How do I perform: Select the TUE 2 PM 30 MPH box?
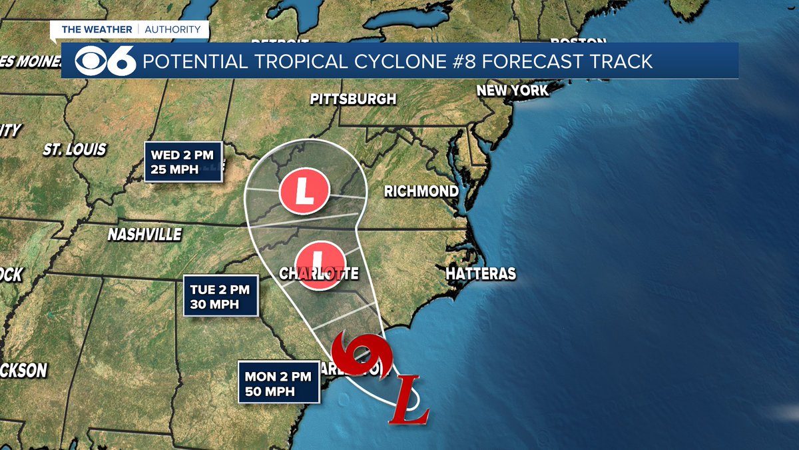pyautogui.click(x=221, y=297)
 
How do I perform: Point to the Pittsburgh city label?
pyautogui.click(x=353, y=99)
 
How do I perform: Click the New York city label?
pyautogui.click(x=513, y=90)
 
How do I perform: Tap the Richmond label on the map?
pyautogui.click(x=421, y=192)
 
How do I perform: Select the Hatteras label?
pyautogui.click(x=481, y=274)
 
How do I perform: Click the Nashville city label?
pyautogui.click(x=144, y=235)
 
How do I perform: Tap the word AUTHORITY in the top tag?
pyautogui.click(x=172, y=29)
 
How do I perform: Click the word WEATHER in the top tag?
pyautogui.click(x=109, y=29)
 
